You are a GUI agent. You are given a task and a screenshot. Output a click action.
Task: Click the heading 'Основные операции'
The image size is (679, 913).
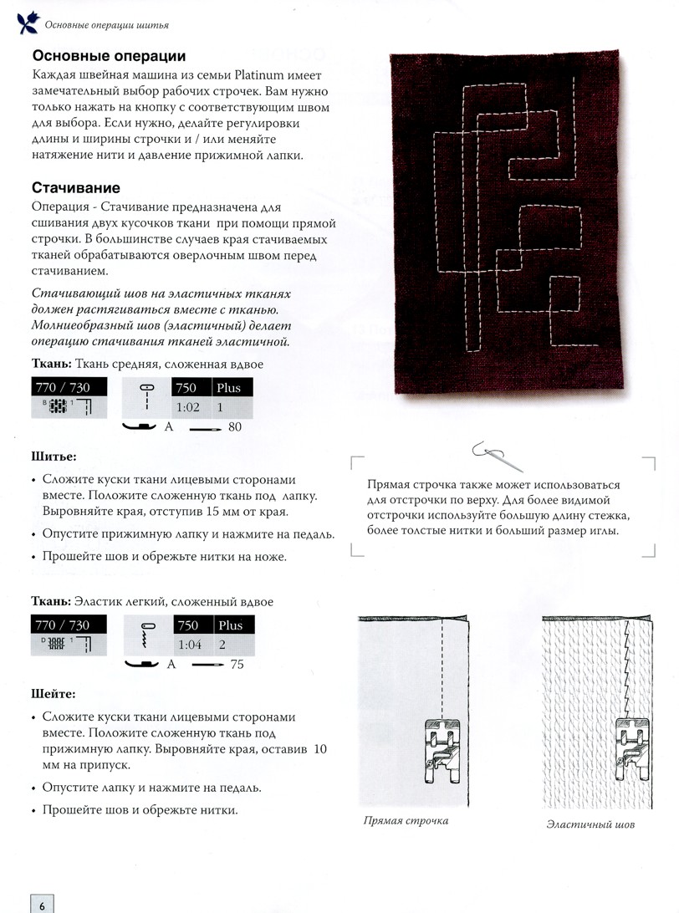pyautogui.click(x=109, y=57)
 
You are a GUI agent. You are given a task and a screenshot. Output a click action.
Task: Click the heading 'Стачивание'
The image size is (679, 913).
pyautogui.click(x=76, y=188)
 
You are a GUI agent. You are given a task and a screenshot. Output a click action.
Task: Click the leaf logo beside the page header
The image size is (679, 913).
pyautogui.click(x=18, y=23)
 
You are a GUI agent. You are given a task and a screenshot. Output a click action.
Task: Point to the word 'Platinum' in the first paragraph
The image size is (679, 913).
pyautogui.click(x=248, y=77)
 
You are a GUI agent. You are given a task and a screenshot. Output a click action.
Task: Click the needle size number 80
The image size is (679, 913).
pyautogui.click(x=234, y=427)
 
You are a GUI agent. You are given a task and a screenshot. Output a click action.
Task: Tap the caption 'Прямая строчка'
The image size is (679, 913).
pyautogui.click(x=406, y=820)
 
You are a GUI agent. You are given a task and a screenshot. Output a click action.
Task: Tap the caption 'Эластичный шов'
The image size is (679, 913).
pyautogui.click(x=585, y=824)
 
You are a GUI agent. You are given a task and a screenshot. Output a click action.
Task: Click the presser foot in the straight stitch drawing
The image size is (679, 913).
pyautogui.click(x=441, y=747)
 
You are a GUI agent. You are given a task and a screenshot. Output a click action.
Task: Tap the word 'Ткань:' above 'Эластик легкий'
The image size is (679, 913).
pyautogui.click(x=50, y=601)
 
